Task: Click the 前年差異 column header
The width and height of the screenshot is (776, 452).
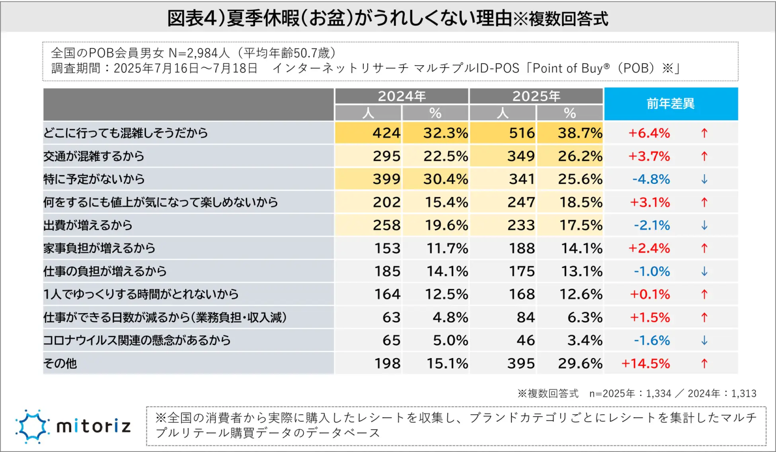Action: point(670,104)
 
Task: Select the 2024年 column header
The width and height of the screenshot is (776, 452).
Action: point(402,96)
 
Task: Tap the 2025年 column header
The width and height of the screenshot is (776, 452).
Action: point(536,96)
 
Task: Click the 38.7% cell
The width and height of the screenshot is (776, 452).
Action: point(579,133)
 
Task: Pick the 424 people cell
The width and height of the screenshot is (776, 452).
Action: point(386,133)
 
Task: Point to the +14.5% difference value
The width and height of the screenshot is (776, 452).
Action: point(646,364)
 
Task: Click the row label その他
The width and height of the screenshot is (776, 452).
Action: point(60,364)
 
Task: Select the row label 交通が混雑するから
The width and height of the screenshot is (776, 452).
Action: point(94,156)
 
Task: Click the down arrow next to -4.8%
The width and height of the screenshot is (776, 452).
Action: point(704,179)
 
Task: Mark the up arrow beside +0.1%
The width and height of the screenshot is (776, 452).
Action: point(704,294)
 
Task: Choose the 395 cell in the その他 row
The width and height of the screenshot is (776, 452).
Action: point(521,364)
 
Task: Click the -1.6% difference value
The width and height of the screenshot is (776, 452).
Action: point(652,340)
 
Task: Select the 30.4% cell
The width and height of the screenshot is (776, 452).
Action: point(445,179)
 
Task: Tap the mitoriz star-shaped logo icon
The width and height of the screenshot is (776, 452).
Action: point(32,426)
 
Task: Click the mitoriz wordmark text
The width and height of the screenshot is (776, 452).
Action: point(94,427)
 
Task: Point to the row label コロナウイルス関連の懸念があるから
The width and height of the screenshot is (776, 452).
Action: point(137,340)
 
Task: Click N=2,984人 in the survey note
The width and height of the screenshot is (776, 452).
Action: point(199,53)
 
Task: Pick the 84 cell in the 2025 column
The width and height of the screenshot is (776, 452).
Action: point(525,318)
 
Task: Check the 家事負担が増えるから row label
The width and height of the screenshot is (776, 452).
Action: point(100,248)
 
